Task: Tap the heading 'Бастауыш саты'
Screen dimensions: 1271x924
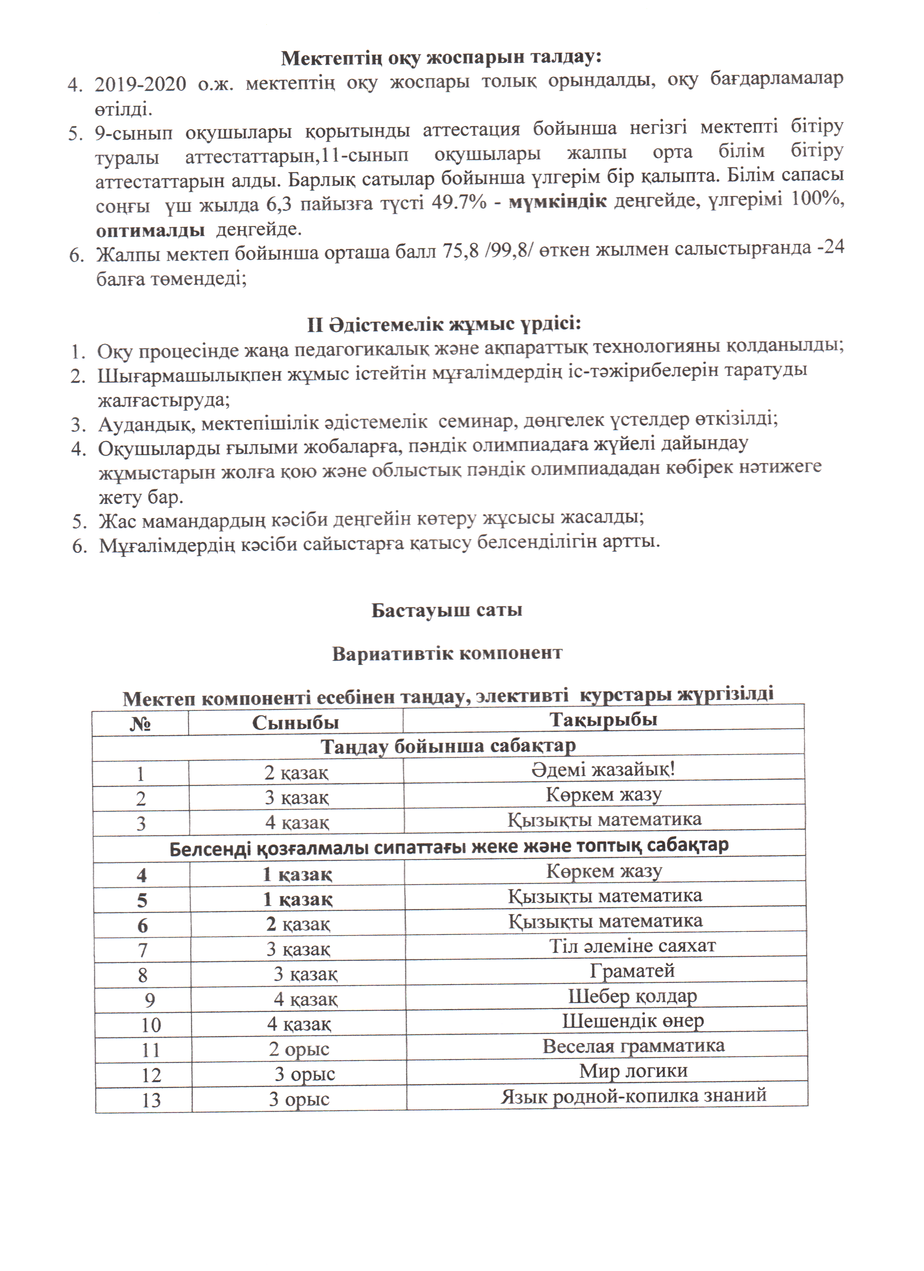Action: click(x=446, y=610)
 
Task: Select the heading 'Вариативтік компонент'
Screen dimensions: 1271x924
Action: click(x=446, y=653)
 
